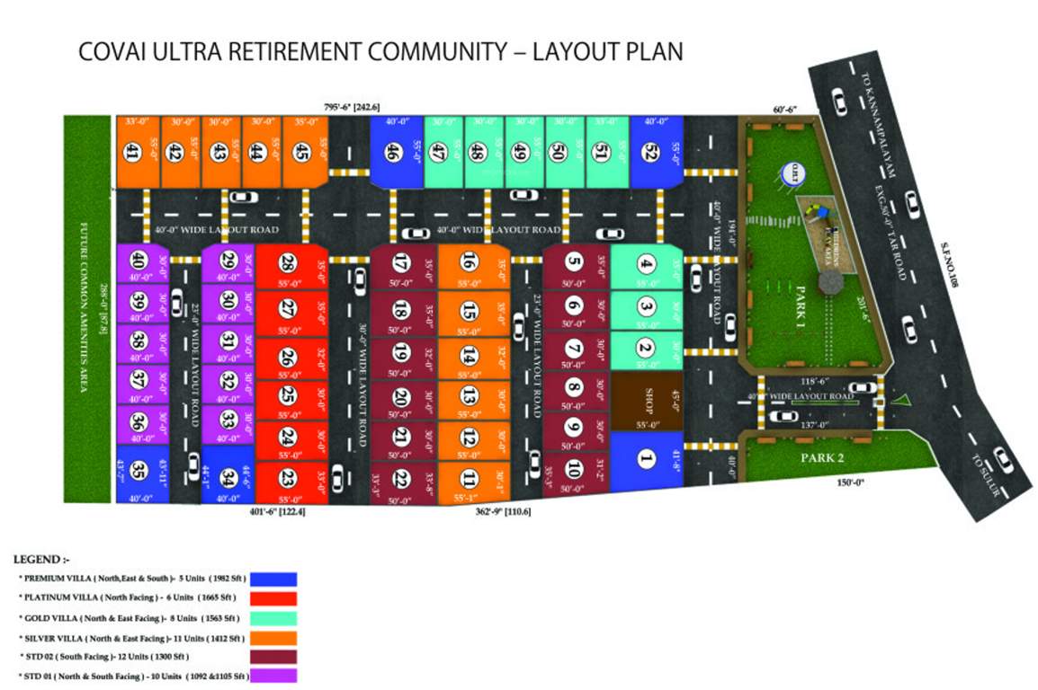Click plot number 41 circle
tap(133, 154)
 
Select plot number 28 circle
tap(288, 263)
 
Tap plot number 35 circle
tap(138, 470)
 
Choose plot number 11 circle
tap(469, 477)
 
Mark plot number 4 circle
tap(645, 264)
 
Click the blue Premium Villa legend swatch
tap(274, 579)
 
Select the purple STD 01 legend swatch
tap(274, 675)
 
